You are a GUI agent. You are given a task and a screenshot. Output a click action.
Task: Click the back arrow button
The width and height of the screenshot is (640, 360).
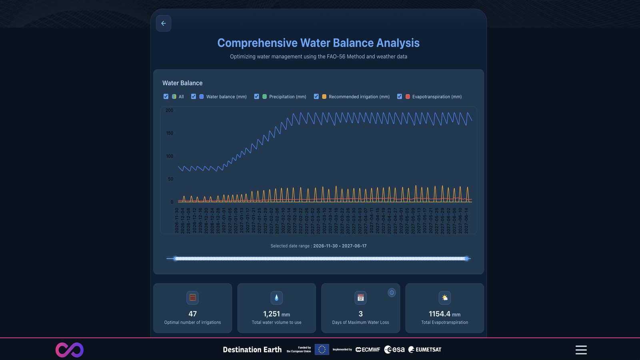click(163, 23)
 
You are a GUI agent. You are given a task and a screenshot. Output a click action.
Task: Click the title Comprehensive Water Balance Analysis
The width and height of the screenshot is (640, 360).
click(318, 43)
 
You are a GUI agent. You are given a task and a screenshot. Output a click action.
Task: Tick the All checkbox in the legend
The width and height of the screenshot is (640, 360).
click(166, 96)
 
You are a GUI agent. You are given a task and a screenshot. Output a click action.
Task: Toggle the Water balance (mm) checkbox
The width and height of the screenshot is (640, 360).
click(194, 96)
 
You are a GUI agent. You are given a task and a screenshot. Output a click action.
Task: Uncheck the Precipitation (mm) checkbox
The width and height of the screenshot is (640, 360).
click(257, 96)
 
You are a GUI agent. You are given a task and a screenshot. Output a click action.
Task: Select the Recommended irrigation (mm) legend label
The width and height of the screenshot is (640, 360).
click(359, 97)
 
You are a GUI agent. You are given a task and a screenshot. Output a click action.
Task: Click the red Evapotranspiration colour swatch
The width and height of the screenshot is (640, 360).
click(408, 96)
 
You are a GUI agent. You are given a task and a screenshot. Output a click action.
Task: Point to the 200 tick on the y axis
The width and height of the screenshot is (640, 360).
click(169, 110)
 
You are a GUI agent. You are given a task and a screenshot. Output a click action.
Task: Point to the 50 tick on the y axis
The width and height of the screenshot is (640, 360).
click(170, 179)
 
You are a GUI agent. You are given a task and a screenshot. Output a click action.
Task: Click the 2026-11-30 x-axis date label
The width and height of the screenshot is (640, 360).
click(177, 220)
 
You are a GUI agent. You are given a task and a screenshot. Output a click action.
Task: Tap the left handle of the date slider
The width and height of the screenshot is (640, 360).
click(176, 258)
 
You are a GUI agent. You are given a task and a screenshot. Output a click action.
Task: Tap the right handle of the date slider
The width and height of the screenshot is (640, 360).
click(466, 258)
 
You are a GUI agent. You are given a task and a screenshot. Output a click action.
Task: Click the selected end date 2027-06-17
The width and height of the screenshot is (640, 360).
click(354, 246)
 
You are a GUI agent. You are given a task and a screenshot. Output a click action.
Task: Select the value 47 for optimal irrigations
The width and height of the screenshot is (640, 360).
click(192, 314)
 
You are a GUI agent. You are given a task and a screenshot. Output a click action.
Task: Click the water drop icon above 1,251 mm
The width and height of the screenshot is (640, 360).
click(276, 298)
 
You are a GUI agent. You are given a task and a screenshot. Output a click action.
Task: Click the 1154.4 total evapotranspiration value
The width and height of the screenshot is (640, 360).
click(439, 314)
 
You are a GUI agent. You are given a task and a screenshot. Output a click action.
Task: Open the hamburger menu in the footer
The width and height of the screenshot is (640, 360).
click(581, 350)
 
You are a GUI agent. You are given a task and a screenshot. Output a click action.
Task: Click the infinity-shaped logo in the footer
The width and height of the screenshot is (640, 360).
click(70, 350)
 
